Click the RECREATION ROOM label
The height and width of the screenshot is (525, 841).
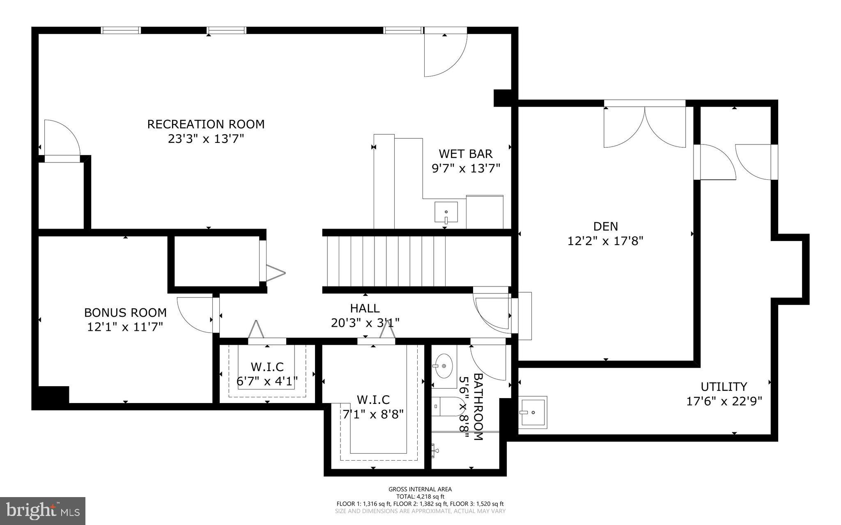[206, 124]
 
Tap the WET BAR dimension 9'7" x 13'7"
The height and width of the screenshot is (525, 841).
[466, 168]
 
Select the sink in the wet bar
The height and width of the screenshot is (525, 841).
[446, 212]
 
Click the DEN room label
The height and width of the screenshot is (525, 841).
[605, 226]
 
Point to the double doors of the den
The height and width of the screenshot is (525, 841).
[644, 126]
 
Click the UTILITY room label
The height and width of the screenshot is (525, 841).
[724, 387]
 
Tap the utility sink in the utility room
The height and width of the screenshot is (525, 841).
[532, 412]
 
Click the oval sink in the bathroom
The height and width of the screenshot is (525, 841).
[443, 366]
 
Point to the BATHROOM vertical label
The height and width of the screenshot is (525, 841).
[478, 406]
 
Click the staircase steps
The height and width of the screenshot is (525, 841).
[386, 261]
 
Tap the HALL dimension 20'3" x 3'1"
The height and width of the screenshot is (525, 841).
[365, 323]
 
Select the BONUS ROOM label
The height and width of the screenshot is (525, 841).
[125, 312]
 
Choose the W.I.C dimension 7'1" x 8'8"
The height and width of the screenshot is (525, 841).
[373, 414]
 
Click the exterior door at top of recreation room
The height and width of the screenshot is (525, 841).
[446, 53]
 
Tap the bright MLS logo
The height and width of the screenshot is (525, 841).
[43, 511]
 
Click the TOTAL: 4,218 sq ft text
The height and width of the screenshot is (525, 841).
[420, 496]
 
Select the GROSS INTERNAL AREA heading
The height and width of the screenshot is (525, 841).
[420, 489]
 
